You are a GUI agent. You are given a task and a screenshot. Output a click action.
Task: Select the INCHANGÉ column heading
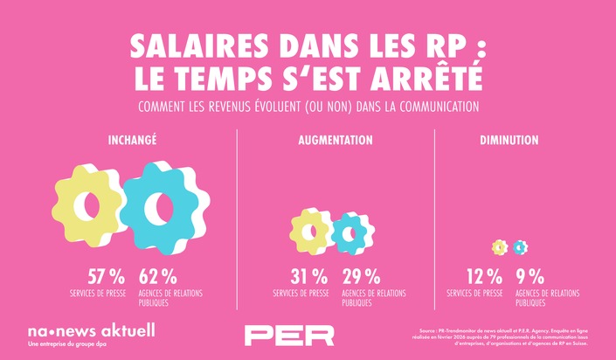pos(133,140)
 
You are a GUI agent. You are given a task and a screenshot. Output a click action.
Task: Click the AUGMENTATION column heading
pos(335,140)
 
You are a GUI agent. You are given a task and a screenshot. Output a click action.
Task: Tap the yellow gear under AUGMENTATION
pos(310,232)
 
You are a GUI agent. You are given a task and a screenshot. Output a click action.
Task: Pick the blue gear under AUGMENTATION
pos(352,232)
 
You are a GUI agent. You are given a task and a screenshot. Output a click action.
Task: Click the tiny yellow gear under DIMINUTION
pos(500,247)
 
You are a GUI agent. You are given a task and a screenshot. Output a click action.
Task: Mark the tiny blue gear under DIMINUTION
pos(521,247)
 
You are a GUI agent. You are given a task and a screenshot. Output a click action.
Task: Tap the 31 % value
pos(309,277)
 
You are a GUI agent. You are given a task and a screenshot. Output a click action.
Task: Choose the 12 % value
pos(485,277)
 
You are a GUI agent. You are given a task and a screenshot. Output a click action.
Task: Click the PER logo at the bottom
pos(289,335)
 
